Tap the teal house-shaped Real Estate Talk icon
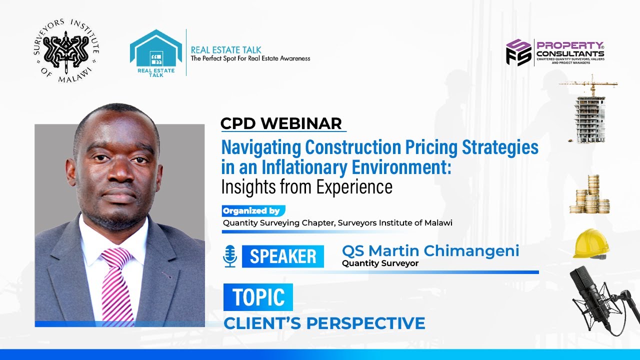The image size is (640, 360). (155, 52)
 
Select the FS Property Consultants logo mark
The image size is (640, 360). (518, 52)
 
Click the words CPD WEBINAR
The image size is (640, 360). (281, 123)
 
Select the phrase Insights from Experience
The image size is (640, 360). (306, 186)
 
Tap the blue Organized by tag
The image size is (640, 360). (253, 211)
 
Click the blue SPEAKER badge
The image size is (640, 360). (282, 256)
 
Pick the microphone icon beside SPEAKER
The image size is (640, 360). (230, 256)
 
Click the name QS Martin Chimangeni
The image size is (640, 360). (430, 250)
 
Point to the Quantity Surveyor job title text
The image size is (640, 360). (380, 263)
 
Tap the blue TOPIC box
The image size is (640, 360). (258, 297)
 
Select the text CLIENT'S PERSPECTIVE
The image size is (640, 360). (324, 323)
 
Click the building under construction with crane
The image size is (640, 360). (589, 112)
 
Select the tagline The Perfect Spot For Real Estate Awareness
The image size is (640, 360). (250, 58)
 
